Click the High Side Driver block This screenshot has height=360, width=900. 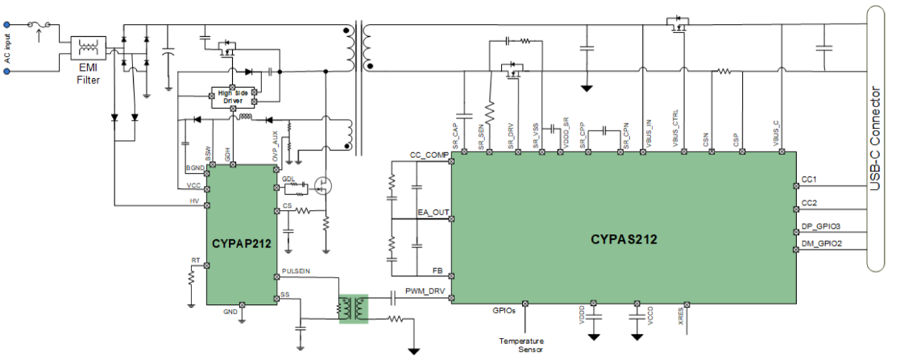tap(232, 96)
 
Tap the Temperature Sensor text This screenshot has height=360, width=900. tap(521, 344)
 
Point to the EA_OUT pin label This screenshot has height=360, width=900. tap(433, 213)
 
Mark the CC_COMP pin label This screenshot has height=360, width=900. tap(429, 155)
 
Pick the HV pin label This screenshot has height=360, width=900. tap(195, 200)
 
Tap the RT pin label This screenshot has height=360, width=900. tap(195, 260)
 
